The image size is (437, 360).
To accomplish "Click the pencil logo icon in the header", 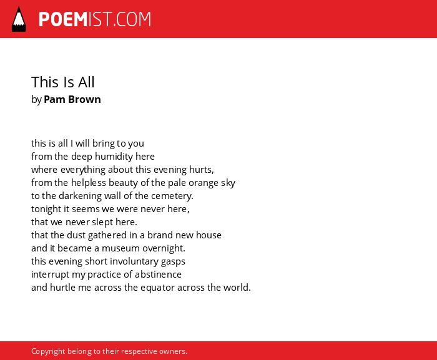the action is click(x=19, y=19).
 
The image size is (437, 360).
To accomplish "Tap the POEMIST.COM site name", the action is click(x=95, y=19).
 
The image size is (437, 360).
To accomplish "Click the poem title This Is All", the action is click(x=63, y=82).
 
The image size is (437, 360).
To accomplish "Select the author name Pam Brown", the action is click(x=72, y=99).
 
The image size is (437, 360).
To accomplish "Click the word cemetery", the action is click(x=172, y=196).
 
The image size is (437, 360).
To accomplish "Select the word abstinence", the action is click(x=158, y=275).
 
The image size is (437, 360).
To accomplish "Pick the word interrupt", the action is click(x=50, y=275).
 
